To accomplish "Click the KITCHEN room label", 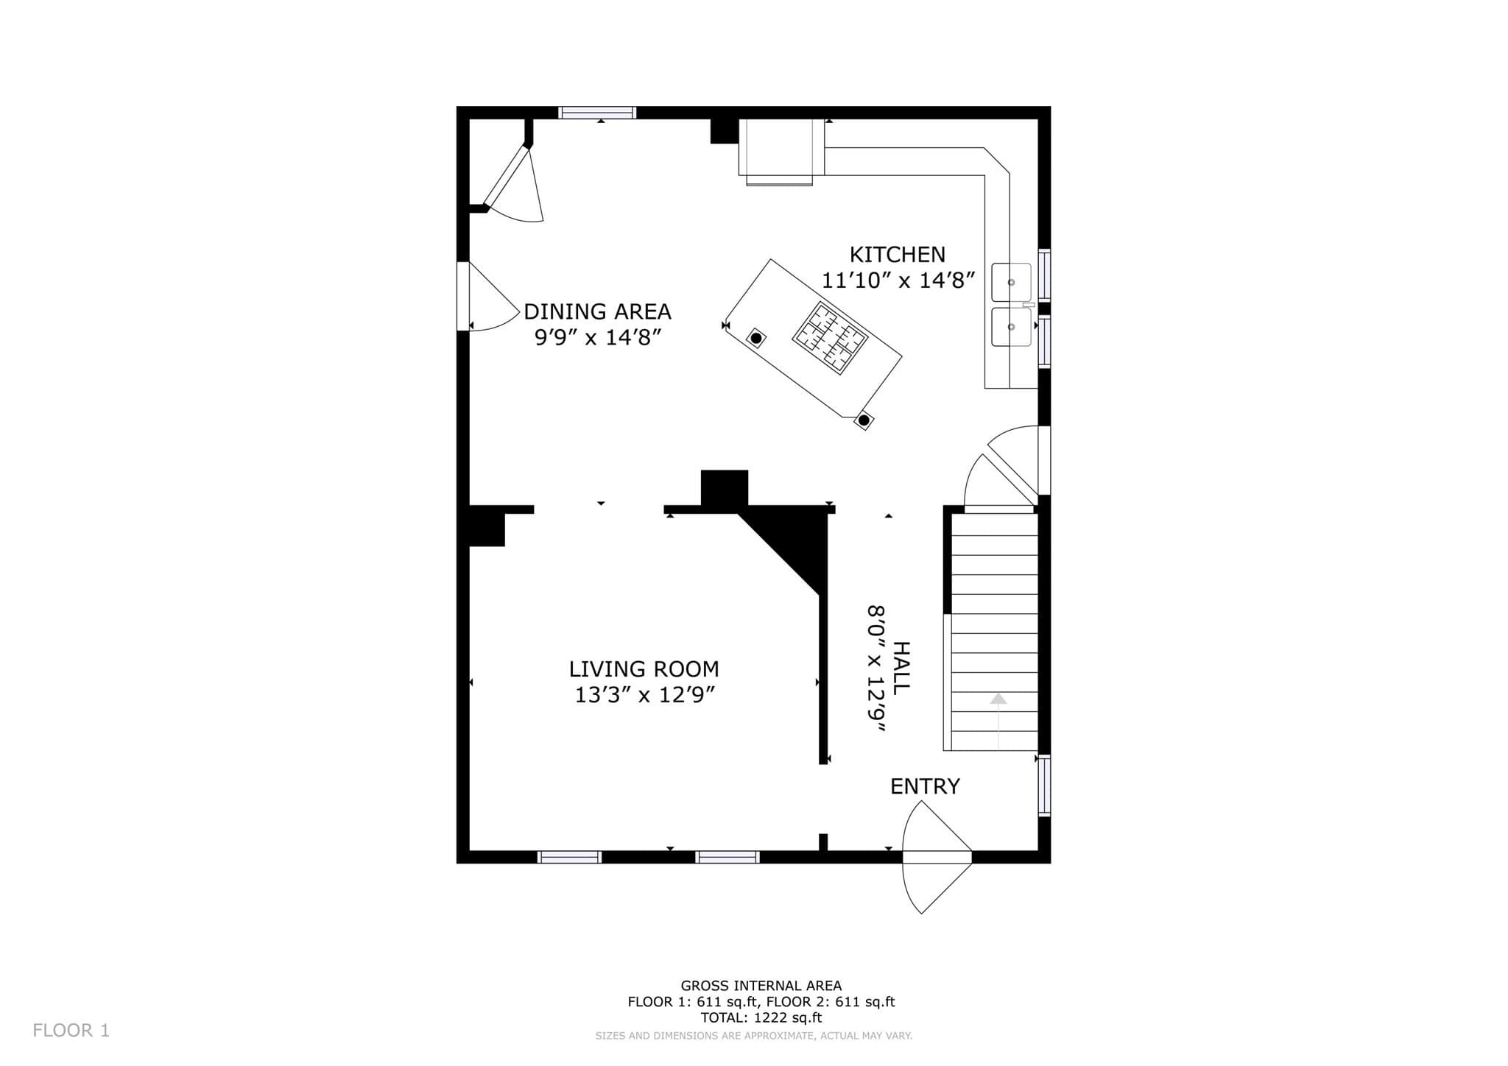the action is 897,255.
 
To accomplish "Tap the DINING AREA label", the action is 597,311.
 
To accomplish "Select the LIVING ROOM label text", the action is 644,669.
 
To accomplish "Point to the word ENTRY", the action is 925,786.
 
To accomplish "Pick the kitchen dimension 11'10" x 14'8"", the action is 898,280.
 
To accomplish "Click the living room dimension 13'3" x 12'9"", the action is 645,695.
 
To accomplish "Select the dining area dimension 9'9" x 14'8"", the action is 597,337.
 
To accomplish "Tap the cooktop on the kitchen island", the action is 830,336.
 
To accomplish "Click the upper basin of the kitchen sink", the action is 1011,282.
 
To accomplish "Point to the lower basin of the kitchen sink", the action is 1011,327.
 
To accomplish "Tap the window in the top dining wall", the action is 597,113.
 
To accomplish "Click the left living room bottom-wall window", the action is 569,857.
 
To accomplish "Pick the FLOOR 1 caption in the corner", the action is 71,1031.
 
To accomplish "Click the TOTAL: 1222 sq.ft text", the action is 761,1018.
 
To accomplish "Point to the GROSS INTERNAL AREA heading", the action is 761,986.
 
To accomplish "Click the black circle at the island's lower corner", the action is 864,420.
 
